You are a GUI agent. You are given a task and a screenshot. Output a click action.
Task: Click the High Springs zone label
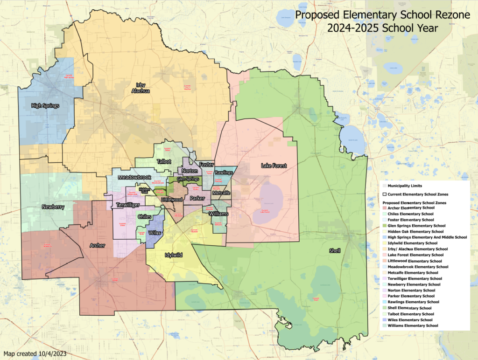(x=46, y=106)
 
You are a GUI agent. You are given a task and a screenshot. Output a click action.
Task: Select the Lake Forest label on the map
(x=274, y=166)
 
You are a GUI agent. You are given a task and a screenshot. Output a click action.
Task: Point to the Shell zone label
(x=334, y=251)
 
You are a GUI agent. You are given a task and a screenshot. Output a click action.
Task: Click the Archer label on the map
(x=98, y=245)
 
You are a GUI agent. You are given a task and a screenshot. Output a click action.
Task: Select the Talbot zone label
(x=164, y=161)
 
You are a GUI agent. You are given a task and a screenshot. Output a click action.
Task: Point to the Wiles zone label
(x=154, y=232)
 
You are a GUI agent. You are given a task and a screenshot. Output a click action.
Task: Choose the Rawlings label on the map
(x=224, y=173)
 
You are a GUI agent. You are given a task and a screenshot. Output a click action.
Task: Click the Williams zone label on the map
(x=219, y=214)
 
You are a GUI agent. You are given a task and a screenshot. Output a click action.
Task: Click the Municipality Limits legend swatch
(x=385, y=186)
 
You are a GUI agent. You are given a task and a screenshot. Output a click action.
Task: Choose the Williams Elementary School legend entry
(x=413, y=325)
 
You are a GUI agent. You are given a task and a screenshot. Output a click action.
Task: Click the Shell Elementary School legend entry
(x=409, y=308)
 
